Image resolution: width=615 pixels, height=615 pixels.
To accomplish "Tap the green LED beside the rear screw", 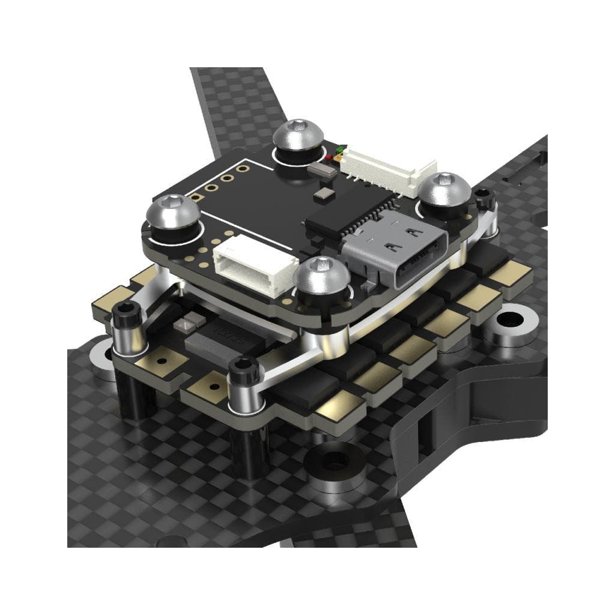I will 341,148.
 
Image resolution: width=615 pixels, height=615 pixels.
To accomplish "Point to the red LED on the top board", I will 330,158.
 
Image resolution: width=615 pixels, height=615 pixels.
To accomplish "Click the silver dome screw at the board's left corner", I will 174,212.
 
